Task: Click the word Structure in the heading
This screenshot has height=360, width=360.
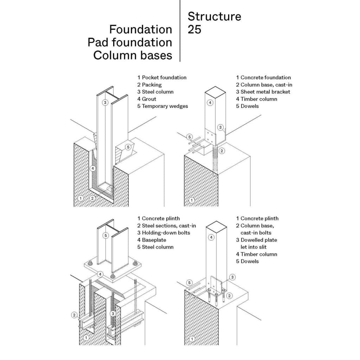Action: pyautogui.click(x=214, y=17)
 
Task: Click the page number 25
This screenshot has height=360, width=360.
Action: pyautogui.click(x=194, y=30)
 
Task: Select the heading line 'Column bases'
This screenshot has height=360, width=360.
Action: pyautogui.click(x=133, y=55)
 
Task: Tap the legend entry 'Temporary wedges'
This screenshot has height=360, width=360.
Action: pyautogui.click(x=165, y=106)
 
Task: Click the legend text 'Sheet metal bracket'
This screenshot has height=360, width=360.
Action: pyautogui.click(x=265, y=92)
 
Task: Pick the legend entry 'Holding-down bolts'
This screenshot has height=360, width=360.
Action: pyautogui.click(x=166, y=233)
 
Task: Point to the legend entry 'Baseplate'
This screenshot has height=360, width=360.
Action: pyautogui.click(x=154, y=240)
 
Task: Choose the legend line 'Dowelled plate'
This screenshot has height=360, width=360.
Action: pyautogui.click(x=259, y=240)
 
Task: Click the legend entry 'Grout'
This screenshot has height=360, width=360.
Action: pyautogui.click(x=149, y=99)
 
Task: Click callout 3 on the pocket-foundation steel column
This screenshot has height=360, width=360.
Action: pyautogui.click(x=105, y=102)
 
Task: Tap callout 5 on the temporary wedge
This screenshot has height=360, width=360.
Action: pyautogui.click(x=128, y=147)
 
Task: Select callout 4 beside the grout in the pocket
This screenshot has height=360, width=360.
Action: pyautogui.click(x=93, y=168)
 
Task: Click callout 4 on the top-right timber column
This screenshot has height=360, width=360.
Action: pyautogui.click(x=210, y=103)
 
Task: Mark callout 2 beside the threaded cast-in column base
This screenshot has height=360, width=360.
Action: pyautogui.click(x=222, y=151)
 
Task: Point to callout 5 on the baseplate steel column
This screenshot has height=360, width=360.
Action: pyautogui.click(x=105, y=235)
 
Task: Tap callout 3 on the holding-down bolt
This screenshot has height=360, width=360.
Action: pyautogui.click(x=112, y=313)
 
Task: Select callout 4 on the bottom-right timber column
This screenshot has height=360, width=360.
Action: pyautogui.click(x=211, y=237)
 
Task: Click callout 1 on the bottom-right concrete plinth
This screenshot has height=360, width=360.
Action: pyautogui.click(x=192, y=339)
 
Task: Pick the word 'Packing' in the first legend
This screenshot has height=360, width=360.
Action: pyautogui.click(x=152, y=85)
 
